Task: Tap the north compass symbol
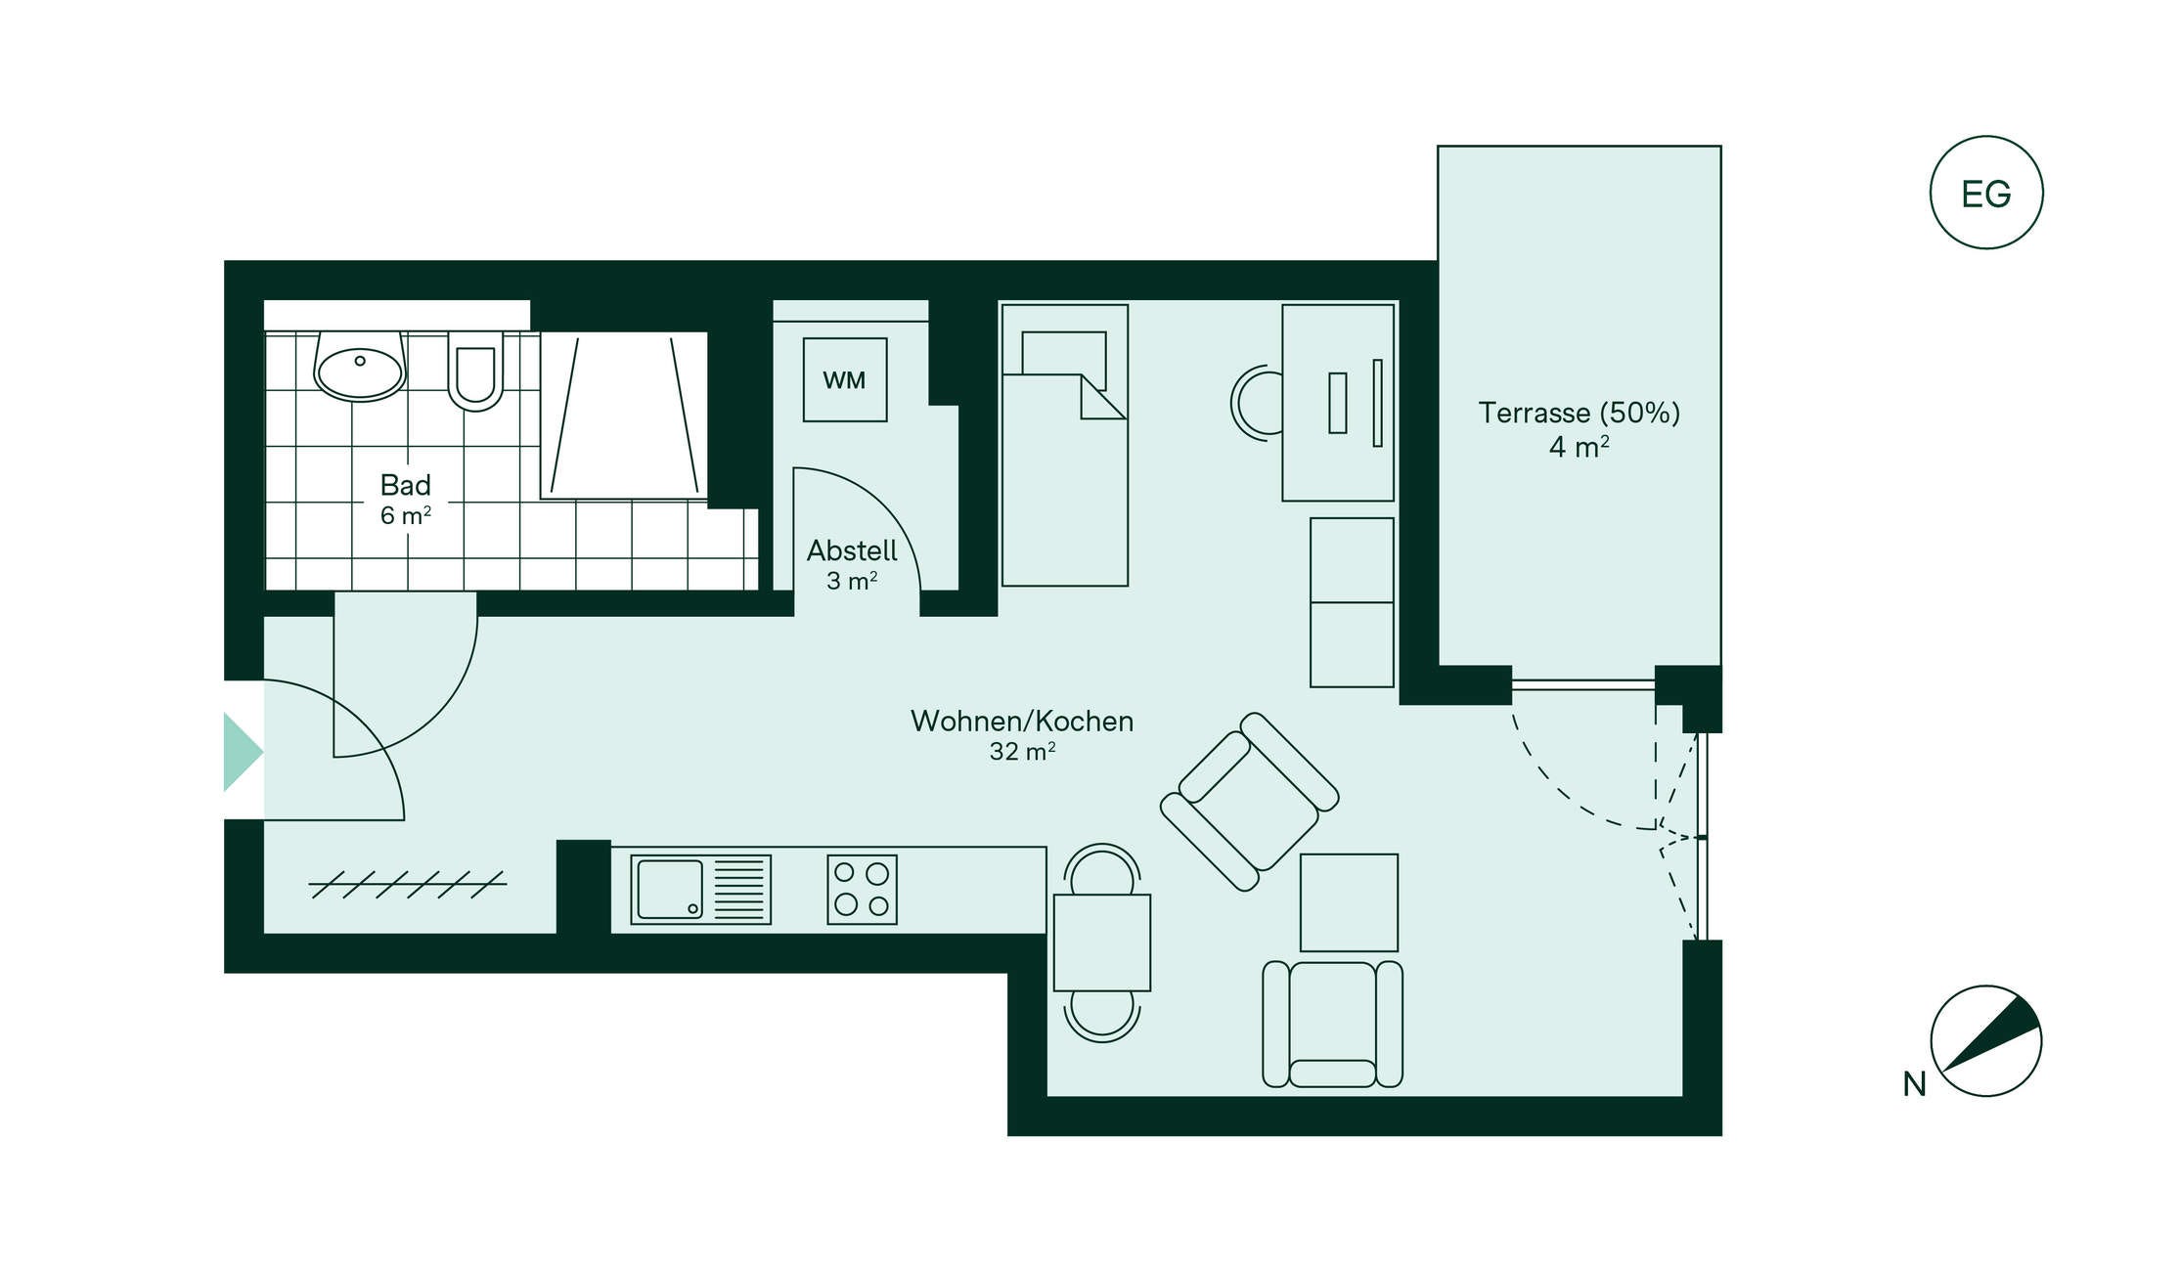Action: [x=1986, y=1040]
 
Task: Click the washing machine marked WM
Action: [x=845, y=379]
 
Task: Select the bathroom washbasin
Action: [x=360, y=367]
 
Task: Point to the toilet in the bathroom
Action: [x=475, y=371]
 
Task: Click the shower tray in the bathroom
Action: [x=624, y=416]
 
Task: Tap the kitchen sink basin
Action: [x=670, y=890]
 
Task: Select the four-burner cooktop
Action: [x=862, y=890]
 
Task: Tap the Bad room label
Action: [x=406, y=485]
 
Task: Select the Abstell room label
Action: [x=852, y=550]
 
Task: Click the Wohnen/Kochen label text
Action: [x=1022, y=722]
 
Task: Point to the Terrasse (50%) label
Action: [x=1579, y=413]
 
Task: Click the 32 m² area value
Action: [x=1022, y=751]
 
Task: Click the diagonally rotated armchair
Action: [x=1250, y=802]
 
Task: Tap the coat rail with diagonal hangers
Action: [x=408, y=885]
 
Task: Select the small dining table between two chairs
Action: [x=1102, y=942]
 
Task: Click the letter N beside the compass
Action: [x=1914, y=1084]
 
